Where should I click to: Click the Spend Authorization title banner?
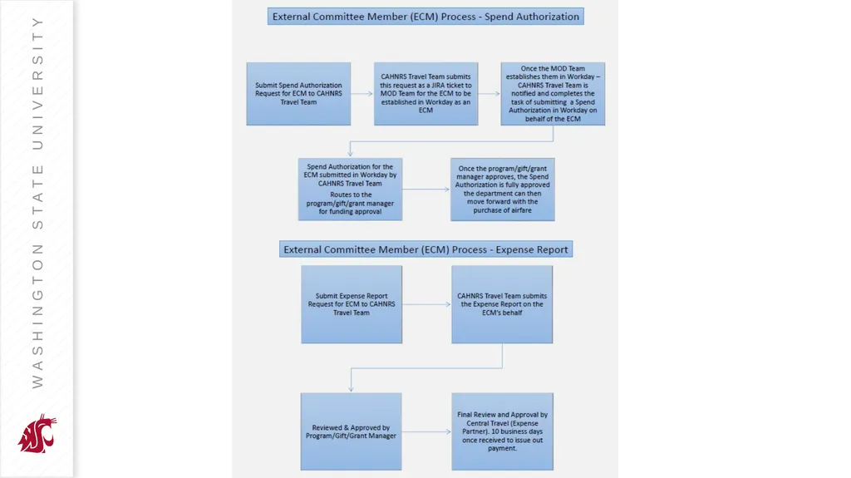pos(425,17)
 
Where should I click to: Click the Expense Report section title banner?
pos(426,249)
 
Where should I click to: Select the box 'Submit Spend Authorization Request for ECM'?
pos(298,93)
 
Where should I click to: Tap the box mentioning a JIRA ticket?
pos(426,93)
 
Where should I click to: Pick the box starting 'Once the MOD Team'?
pos(553,93)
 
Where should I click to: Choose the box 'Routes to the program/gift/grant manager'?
pos(350,189)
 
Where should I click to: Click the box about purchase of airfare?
pos(503,189)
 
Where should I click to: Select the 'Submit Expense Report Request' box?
pos(352,304)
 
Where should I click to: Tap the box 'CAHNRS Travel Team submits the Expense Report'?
pos(502,304)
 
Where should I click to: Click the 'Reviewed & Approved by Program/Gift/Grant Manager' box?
pos(352,431)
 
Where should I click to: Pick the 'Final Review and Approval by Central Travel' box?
pos(503,431)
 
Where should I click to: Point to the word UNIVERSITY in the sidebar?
pos(37,83)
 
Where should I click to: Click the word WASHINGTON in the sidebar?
pos(37,316)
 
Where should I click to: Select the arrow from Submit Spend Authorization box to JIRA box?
pos(362,93)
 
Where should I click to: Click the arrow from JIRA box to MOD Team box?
pos(489,93)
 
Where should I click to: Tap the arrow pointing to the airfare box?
pos(426,189)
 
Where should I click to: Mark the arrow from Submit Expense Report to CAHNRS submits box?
pos(426,304)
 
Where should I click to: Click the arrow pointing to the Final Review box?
pos(426,431)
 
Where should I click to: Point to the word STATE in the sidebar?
pos(37,197)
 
